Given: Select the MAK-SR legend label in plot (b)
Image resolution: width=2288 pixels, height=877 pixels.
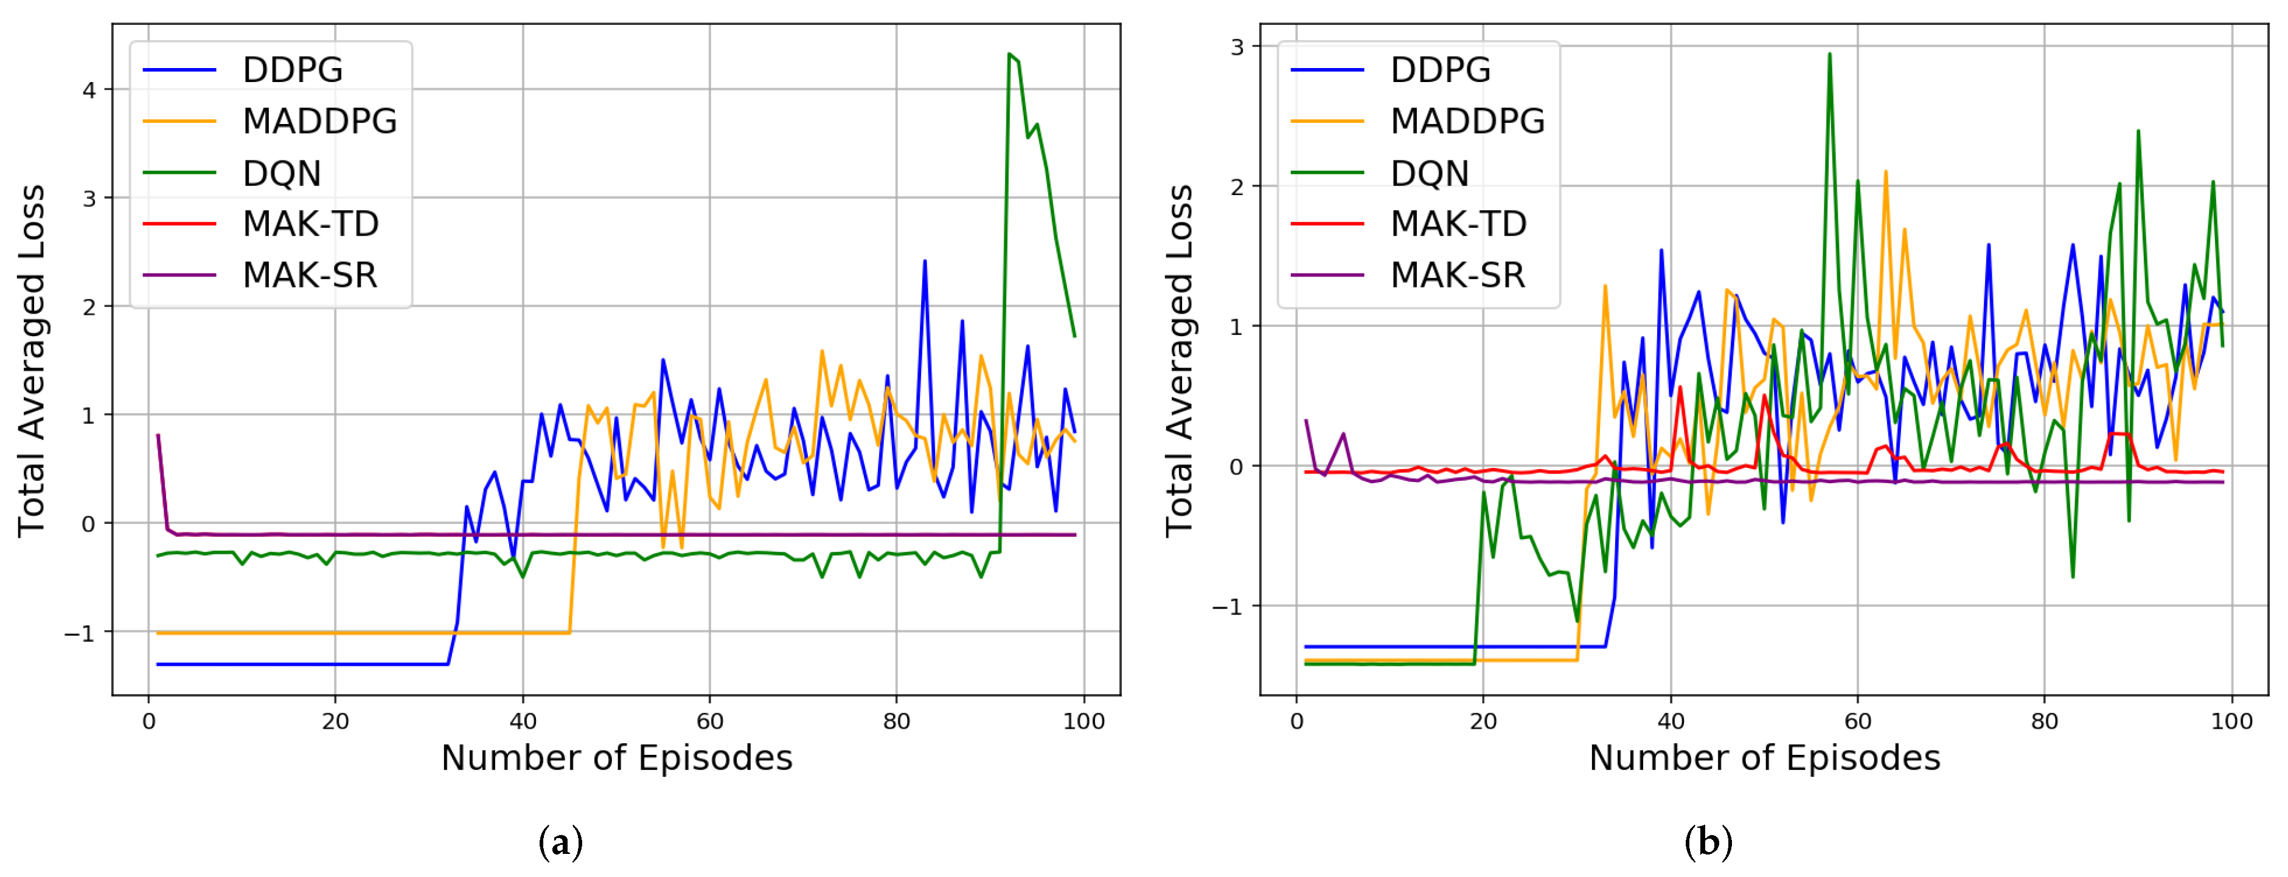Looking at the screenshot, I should tap(1458, 275).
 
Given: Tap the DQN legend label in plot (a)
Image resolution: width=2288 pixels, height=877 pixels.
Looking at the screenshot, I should tap(282, 173).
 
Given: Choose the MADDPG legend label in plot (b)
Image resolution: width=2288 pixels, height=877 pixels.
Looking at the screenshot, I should tap(1467, 122).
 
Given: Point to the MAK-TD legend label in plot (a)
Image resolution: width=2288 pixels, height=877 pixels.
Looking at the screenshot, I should tap(310, 224).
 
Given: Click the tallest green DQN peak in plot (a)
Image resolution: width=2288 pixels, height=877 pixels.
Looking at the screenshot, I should tap(1009, 54).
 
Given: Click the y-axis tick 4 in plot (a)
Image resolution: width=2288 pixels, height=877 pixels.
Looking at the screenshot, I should tap(89, 90).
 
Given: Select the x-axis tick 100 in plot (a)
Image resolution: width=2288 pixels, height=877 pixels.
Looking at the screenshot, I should tap(1083, 721).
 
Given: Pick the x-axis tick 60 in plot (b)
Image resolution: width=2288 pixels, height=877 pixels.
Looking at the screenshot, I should tap(1858, 721).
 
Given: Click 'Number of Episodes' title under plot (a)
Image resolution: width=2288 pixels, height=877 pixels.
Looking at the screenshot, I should tap(616, 758).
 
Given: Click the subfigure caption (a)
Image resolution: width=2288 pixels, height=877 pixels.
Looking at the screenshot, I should tap(560, 841).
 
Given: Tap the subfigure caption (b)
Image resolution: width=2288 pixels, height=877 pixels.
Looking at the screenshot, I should tap(1708, 841).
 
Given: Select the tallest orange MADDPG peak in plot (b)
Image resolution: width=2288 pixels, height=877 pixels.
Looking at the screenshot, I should tap(1886, 171).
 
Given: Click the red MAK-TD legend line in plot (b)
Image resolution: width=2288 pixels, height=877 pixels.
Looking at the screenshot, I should tap(1327, 224).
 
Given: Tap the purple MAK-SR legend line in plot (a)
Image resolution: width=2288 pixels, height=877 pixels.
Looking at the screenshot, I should tap(179, 275).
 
